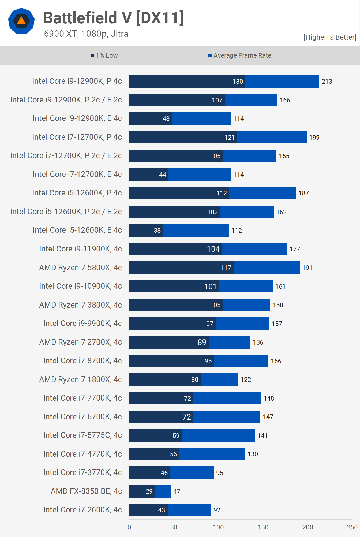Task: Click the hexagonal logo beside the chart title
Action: click(21, 21)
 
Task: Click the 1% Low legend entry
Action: click(104, 55)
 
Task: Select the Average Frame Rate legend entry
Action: click(240, 55)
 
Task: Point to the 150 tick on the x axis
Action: click(263, 527)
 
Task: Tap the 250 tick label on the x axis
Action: click(352, 527)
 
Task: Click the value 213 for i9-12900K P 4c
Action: click(327, 82)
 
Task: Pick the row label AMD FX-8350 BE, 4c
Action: click(86, 491)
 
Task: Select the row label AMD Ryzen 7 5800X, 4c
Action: click(80, 268)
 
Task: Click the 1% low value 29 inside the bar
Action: click(149, 491)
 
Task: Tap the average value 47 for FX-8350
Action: click(177, 491)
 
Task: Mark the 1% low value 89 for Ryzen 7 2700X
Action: click(202, 342)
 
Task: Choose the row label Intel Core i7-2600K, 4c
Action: click(82, 510)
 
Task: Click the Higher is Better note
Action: click(330, 37)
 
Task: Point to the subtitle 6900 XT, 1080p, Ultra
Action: click(86, 34)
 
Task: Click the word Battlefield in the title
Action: click(80, 18)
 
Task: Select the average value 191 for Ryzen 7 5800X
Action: click(307, 268)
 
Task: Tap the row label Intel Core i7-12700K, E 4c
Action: click(77, 174)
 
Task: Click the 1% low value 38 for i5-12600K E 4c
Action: click(157, 231)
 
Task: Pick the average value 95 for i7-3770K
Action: click(220, 473)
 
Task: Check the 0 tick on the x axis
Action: click(129, 527)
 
